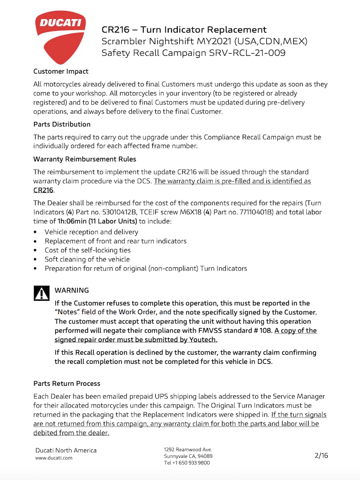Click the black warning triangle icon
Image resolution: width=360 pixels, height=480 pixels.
click(x=41, y=293)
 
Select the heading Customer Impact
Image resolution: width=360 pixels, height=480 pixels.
click(x=61, y=71)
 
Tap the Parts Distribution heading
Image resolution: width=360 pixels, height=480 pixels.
click(x=62, y=124)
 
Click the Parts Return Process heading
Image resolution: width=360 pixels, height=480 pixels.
click(x=67, y=383)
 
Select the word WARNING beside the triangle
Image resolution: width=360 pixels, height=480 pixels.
click(x=72, y=290)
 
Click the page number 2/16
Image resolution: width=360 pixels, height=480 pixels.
click(x=321, y=455)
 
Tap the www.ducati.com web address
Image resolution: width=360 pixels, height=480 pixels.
click(x=54, y=458)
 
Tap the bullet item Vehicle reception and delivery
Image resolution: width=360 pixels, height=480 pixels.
click(x=91, y=232)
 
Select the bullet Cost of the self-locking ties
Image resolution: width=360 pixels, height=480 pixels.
click(x=87, y=250)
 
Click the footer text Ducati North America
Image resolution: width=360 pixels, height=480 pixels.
click(x=66, y=450)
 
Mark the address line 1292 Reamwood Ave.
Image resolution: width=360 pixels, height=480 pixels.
click(x=188, y=449)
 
